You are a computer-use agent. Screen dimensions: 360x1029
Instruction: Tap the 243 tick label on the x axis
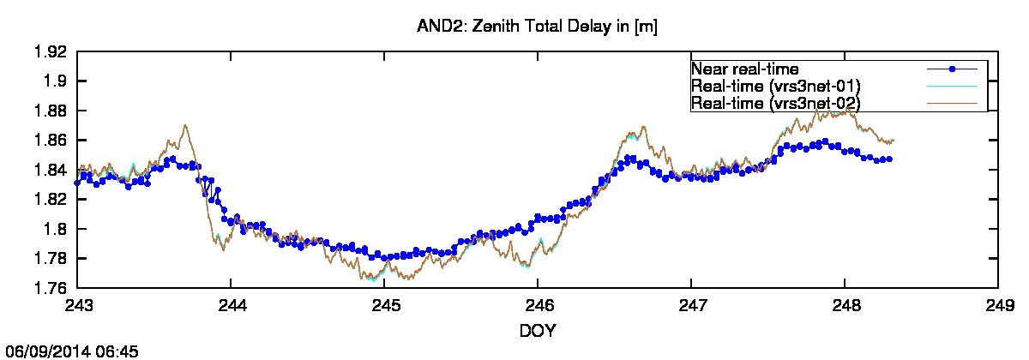(78, 305)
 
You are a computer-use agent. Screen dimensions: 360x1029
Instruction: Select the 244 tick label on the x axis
(232, 305)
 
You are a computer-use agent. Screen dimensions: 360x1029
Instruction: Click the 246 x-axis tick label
(538, 305)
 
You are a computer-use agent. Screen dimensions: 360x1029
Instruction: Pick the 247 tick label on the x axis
(691, 305)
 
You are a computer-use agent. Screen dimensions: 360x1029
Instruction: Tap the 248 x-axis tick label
(845, 305)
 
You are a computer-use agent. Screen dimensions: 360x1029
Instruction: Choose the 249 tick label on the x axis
(998, 305)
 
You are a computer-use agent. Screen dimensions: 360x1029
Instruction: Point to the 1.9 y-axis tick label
(54, 81)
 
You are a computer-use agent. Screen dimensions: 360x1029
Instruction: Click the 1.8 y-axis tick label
(54, 229)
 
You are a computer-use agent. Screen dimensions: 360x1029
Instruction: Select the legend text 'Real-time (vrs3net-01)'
(775, 86)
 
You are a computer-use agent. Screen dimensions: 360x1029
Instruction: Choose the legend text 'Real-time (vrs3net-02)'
(775, 103)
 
